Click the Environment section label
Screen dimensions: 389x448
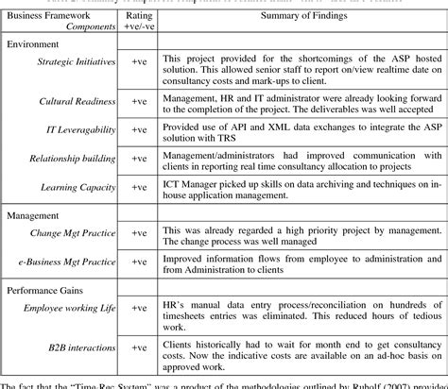pyautogui.click(x=35, y=45)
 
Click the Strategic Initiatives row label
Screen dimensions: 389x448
pyautogui.click(x=78, y=63)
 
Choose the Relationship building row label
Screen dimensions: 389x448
pyautogui.click(x=77, y=161)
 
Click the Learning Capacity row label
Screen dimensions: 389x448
pyautogui.click(x=83, y=187)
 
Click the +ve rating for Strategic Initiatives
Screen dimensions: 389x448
pyautogui.click(x=139, y=63)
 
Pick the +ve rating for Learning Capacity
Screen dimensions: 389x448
pyautogui.click(x=139, y=187)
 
